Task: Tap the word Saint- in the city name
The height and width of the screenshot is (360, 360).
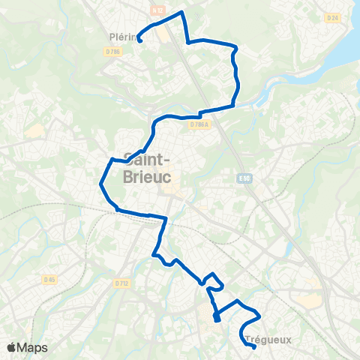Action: pyautogui.click(x=147, y=160)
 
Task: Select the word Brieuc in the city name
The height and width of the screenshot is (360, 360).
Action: pyautogui.click(x=146, y=176)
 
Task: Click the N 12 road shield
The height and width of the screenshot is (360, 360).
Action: pyautogui.click(x=157, y=10)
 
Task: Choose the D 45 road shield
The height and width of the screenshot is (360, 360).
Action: pyautogui.click(x=49, y=280)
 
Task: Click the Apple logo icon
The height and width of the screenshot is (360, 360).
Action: pyautogui.click(x=11, y=347)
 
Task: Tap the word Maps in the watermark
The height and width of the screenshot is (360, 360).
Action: pyautogui.click(x=32, y=347)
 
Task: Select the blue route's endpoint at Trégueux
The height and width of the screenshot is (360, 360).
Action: pyautogui.click(x=254, y=346)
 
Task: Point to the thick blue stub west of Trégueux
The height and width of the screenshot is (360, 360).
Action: pyautogui.click(x=217, y=319)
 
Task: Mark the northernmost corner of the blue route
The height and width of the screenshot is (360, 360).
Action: pyautogui.click(x=181, y=13)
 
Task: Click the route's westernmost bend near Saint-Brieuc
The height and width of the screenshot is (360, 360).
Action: pyautogui.click(x=101, y=182)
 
